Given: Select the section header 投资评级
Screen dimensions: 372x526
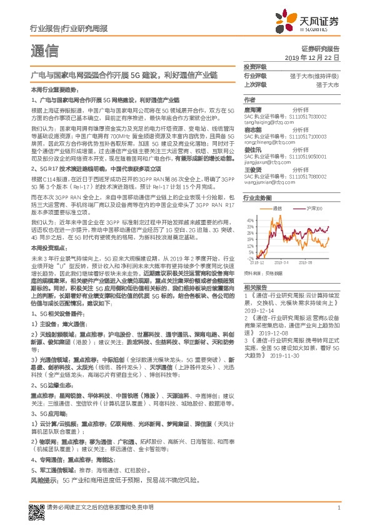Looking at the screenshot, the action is [255, 66].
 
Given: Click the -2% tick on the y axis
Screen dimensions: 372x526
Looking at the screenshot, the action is [249, 257].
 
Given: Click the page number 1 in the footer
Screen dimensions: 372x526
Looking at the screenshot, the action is [338, 508].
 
